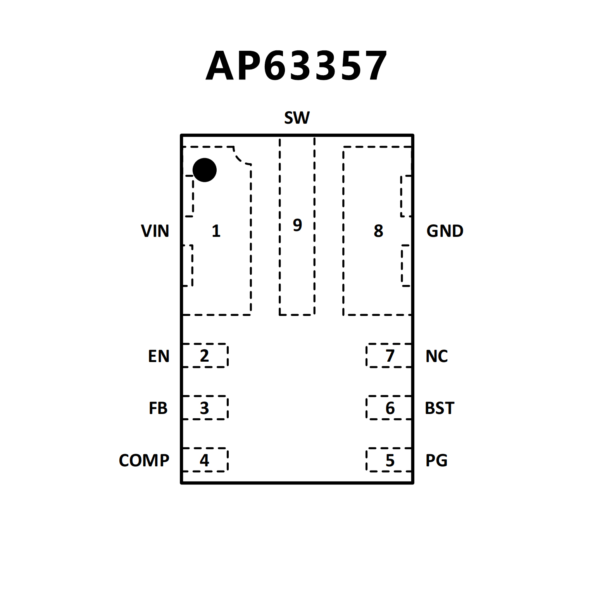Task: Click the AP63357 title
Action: [297, 66]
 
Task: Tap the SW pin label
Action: [297, 118]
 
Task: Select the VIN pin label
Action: [155, 231]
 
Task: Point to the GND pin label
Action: [445, 231]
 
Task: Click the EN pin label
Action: [159, 356]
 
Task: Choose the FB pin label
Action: [158, 408]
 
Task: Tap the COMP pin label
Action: [144, 460]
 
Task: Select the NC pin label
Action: [436, 356]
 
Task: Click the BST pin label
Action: [439, 408]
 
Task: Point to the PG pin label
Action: [436, 460]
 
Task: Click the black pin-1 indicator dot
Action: [204, 170]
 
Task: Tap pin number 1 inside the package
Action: [216, 231]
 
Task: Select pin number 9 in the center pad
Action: [297, 225]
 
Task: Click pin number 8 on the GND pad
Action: [378, 231]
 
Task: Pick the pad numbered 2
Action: [205, 355]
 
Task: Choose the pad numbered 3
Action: [205, 408]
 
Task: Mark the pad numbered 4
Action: [205, 460]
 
